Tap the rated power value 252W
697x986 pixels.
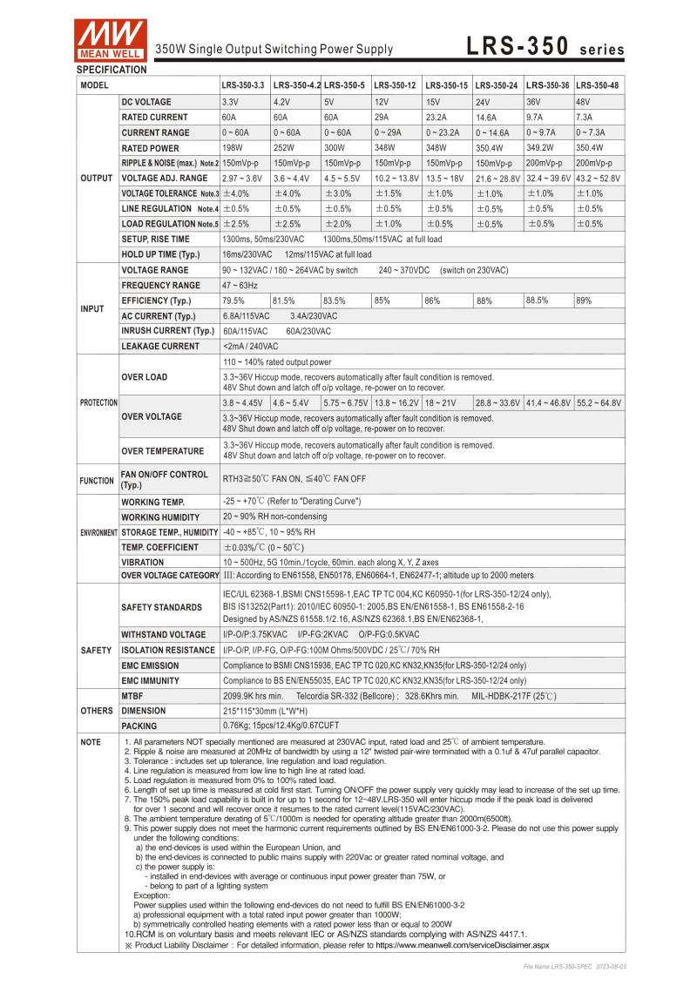point(286,147)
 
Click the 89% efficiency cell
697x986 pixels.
point(584,301)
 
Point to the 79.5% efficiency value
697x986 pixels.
point(233,301)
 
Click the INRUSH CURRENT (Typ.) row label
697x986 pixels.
point(167,331)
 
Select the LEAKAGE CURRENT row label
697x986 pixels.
point(160,346)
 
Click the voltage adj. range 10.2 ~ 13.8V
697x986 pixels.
point(396,178)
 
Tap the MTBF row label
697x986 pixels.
point(133,695)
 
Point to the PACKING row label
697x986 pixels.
point(139,725)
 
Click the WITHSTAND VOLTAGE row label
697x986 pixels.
point(164,634)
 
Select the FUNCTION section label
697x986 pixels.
point(96,480)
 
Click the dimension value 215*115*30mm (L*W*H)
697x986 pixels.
point(268,710)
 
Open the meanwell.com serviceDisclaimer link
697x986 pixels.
point(463,944)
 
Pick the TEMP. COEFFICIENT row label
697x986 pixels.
point(159,547)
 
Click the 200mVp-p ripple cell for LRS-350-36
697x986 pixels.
point(547,163)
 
